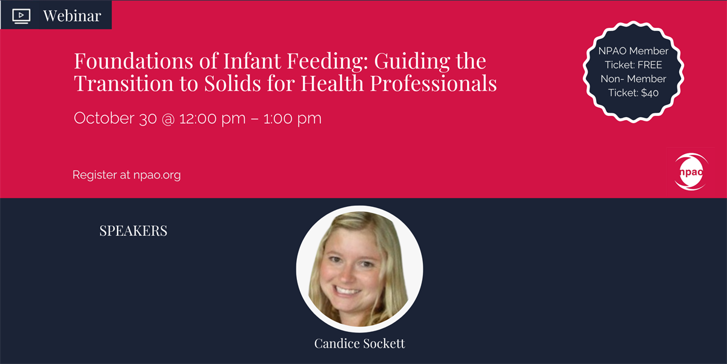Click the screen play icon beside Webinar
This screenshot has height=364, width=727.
point(21,16)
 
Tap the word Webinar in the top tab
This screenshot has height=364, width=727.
point(72,16)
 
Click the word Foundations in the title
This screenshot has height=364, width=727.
point(134,61)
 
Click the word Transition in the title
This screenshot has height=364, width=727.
point(124,83)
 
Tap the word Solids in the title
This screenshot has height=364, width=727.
point(233,83)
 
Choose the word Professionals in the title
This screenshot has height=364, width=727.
point(433,83)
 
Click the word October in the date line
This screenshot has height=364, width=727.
point(104,118)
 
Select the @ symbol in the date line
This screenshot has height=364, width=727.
point(168,119)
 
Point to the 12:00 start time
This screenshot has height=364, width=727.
point(198,118)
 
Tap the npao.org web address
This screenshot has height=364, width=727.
point(157,175)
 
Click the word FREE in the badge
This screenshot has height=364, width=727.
point(649,65)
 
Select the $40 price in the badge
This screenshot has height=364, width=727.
point(649,93)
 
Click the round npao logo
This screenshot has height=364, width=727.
point(691,172)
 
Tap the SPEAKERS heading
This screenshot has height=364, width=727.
point(133,231)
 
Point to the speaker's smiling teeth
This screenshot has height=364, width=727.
point(347,290)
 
